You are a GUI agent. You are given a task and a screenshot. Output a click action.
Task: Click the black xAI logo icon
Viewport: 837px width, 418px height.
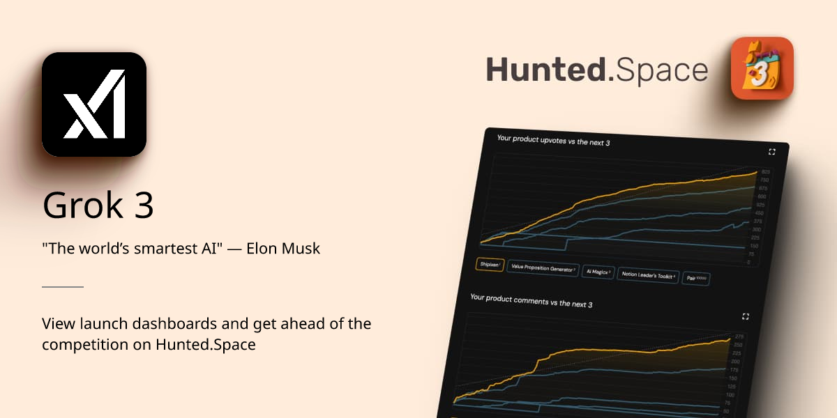pyautogui.click(x=94, y=104)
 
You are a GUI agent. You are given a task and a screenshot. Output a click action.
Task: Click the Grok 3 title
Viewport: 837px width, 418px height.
pyautogui.click(x=98, y=206)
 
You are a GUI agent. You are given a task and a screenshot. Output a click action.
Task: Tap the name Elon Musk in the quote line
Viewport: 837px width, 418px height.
pyautogui.click(x=283, y=249)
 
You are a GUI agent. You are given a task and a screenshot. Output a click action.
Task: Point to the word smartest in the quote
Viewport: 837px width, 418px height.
pyautogui.click(x=165, y=249)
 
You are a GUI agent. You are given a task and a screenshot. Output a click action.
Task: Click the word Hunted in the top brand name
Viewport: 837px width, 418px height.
pyautogui.click(x=546, y=70)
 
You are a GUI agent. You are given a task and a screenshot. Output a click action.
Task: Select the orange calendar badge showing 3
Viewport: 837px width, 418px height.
pyautogui.click(x=762, y=68)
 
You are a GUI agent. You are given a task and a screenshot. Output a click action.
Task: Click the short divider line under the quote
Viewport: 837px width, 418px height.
pyautogui.click(x=63, y=286)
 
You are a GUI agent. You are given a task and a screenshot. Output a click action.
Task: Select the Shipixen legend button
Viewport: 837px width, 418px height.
pyautogui.click(x=490, y=265)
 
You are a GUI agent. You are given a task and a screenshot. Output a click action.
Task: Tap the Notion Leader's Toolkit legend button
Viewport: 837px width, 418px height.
pyautogui.click(x=648, y=275)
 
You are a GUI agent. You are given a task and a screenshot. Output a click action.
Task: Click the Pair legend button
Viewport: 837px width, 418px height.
pyautogui.click(x=696, y=279)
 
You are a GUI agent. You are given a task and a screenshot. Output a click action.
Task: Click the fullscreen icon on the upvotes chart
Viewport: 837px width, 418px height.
pyautogui.click(x=772, y=152)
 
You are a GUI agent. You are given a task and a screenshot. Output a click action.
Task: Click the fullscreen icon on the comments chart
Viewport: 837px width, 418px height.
pyautogui.click(x=746, y=316)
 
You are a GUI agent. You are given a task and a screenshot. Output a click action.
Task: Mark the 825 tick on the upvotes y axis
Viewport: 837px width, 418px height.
pyautogui.click(x=765, y=172)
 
